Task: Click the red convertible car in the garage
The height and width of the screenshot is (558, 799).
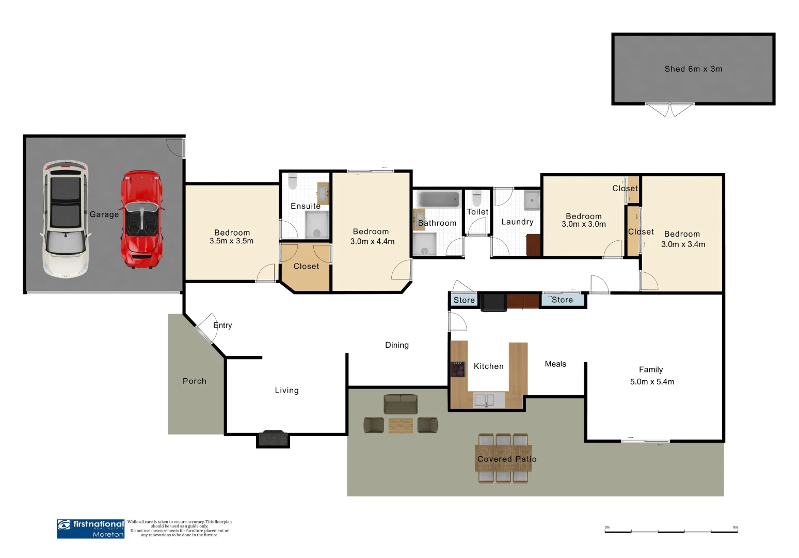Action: click(x=141, y=220)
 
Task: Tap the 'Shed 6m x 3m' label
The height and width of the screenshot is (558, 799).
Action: click(x=693, y=69)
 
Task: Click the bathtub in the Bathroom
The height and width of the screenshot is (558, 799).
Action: click(x=438, y=199)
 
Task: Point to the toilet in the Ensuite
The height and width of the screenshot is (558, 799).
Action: click(x=293, y=181)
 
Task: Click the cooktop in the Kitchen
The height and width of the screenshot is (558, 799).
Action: click(x=458, y=369)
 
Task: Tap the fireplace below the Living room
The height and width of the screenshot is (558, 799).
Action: click(x=273, y=438)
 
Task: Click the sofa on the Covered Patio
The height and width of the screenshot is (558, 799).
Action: click(x=401, y=404)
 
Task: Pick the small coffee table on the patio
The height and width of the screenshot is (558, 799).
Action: click(x=401, y=425)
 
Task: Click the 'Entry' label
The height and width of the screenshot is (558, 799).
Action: click(x=222, y=325)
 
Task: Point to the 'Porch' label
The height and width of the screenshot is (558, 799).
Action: click(x=195, y=381)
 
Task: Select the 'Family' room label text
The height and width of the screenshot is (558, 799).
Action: click(x=651, y=369)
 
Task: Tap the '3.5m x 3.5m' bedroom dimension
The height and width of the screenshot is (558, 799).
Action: click(x=231, y=241)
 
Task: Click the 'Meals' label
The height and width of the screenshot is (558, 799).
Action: click(x=555, y=364)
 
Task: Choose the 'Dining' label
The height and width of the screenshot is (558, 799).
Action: click(x=396, y=345)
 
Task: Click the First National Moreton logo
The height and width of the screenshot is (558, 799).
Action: click(x=91, y=529)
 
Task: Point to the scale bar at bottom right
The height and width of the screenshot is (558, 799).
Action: click(x=671, y=531)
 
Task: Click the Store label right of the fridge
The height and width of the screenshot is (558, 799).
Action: click(x=562, y=300)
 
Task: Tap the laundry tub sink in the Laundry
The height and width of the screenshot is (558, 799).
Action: click(x=532, y=200)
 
